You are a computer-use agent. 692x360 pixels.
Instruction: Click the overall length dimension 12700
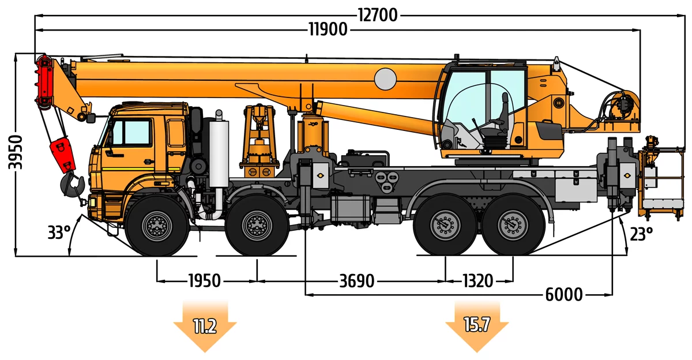pos(378,15)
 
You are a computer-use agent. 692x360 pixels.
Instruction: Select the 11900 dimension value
pos(328,29)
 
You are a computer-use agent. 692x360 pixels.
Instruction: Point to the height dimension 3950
pos(15,152)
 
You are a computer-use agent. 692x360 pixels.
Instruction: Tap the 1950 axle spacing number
pos(205,281)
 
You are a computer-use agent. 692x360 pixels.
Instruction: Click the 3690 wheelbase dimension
pos(357,281)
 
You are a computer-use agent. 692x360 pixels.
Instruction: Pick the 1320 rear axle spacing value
pos(477,281)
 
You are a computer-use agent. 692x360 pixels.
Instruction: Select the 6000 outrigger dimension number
pos(564,294)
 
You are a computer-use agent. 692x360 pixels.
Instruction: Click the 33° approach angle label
pos(59,232)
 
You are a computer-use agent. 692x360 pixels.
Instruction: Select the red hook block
pos(63,155)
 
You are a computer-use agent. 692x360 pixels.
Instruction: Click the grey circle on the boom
pos(385,79)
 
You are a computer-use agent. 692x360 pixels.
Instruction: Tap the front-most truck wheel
pos(157,226)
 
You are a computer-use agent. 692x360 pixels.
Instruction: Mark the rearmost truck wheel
pos(513,225)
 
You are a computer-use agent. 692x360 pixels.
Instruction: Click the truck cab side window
pos(131,132)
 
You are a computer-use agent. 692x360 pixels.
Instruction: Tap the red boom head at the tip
pos(45,81)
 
